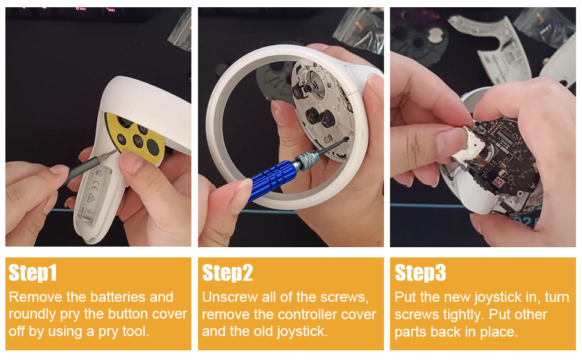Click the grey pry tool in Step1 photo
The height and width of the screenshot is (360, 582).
coord(84,168)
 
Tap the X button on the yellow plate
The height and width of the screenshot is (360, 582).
coord(137,142)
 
